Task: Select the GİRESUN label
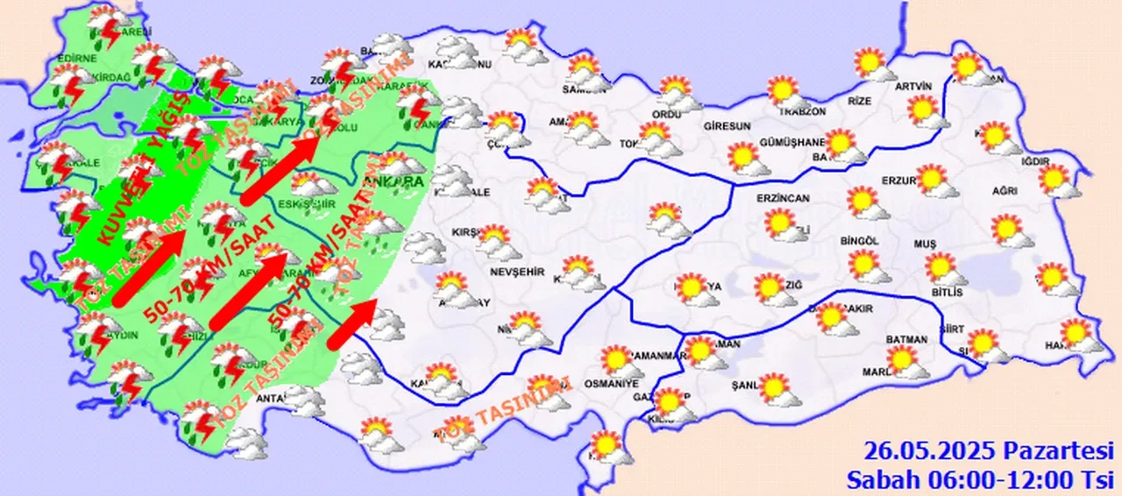click(x=728, y=126)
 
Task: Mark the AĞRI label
click(x=1005, y=191)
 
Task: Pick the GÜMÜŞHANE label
click(x=792, y=143)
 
